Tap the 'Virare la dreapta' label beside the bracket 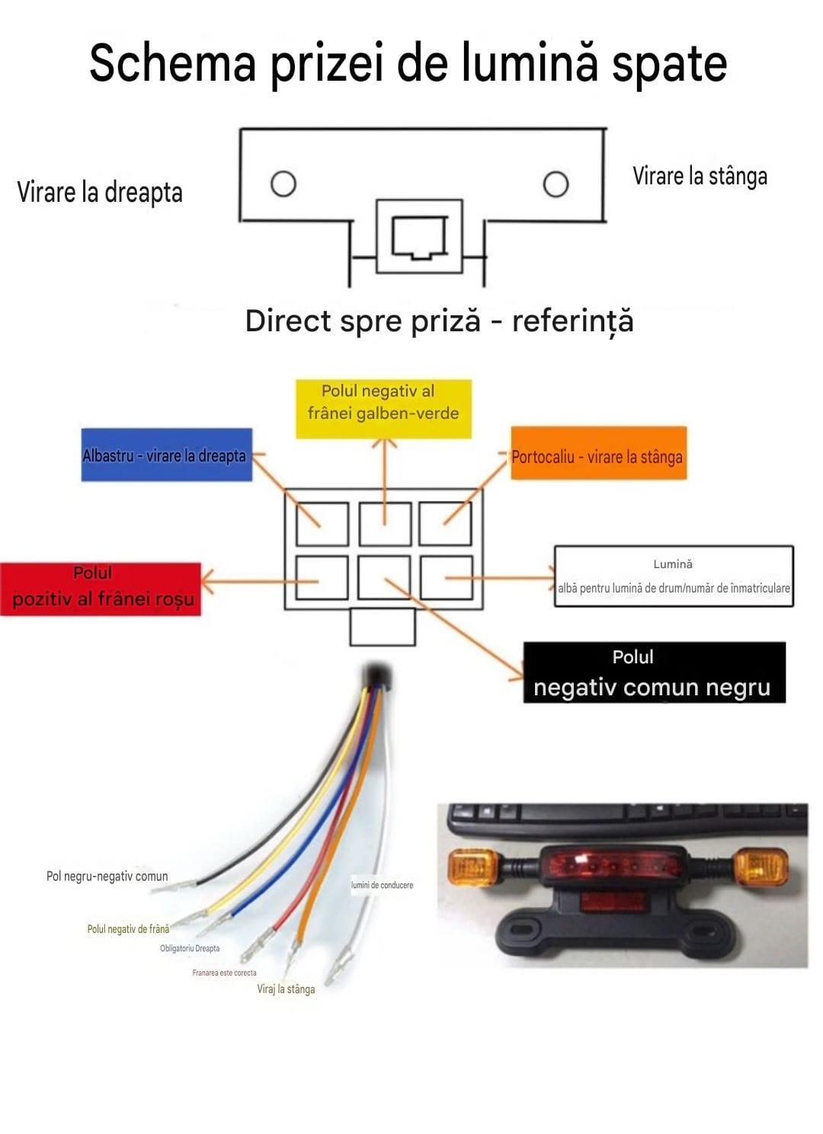(x=100, y=192)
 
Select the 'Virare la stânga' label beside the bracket (x=700, y=176)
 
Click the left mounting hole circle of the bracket (x=283, y=184)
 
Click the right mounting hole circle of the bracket (x=556, y=184)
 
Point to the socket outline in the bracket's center (x=419, y=237)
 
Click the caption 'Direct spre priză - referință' (x=439, y=321)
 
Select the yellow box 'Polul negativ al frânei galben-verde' (x=383, y=408)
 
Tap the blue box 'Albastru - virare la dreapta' (x=166, y=455)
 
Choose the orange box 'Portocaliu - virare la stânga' (x=598, y=453)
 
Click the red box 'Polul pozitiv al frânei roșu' (x=101, y=587)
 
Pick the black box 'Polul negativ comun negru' (x=654, y=672)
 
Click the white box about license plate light (x=674, y=576)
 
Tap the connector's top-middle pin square (x=385, y=524)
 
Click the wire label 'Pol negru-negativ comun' (x=107, y=876)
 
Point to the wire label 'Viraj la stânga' (x=286, y=989)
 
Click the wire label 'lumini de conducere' (x=382, y=885)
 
